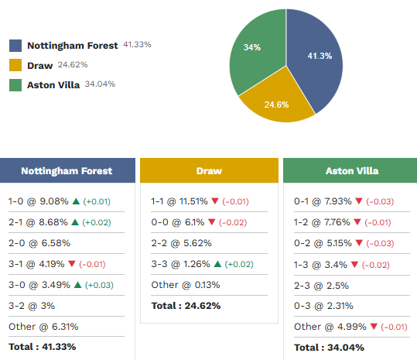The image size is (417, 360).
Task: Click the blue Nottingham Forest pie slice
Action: click(317, 58)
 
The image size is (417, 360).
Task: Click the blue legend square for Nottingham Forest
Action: click(15, 46)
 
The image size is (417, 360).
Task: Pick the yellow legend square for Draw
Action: click(15, 66)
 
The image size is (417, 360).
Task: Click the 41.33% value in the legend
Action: click(136, 45)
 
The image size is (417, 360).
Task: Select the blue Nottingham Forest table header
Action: click(67, 171)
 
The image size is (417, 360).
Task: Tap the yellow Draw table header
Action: click(209, 171)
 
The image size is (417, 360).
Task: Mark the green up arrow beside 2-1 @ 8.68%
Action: click(74, 222)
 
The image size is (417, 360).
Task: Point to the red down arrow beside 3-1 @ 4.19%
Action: click(71, 264)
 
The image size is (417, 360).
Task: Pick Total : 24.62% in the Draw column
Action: click(186, 306)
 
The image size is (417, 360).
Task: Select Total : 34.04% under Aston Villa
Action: click(328, 347)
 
